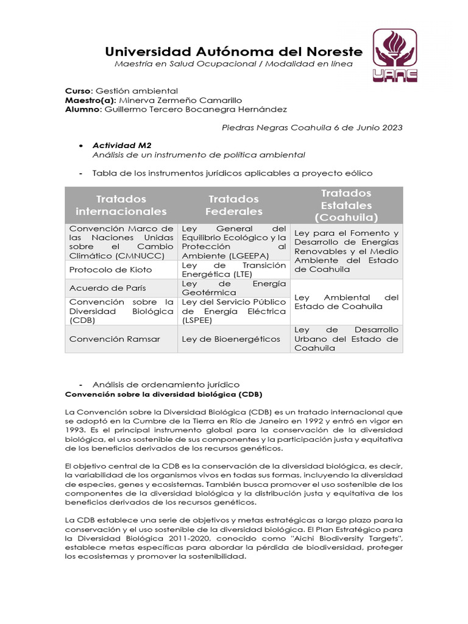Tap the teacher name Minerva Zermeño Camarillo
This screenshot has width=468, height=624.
click(x=180, y=100)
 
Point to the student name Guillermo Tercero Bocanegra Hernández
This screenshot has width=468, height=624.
click(x=196, y=109)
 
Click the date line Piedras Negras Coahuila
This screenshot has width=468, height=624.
click(x=311, y=127)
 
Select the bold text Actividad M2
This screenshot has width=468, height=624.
click(x=122, y=146)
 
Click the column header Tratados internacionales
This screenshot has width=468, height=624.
click(x=121, y=205)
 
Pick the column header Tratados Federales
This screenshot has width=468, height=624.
click(x=233, y=205)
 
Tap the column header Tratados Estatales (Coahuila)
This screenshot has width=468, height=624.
click(x=346, y=205)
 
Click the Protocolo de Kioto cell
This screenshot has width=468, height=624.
click(x=111, y=269)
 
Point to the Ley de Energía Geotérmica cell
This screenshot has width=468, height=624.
click(x=233, y=288)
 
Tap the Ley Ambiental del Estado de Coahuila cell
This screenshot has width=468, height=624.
click(x=346, y=302)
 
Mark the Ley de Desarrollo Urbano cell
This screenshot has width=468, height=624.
click(x=346, y=339)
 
